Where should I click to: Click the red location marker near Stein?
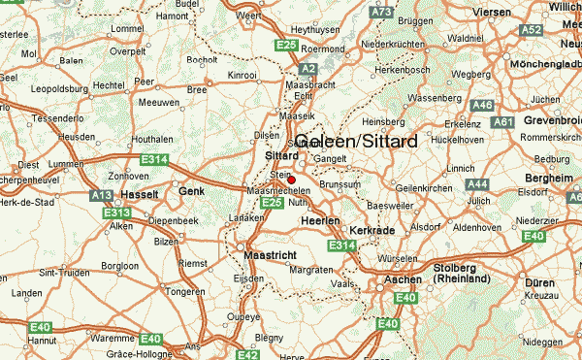[x=291, y=180]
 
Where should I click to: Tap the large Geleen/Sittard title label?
[x=356, y=142]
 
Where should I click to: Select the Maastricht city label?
[x=269, y=255]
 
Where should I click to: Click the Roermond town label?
[x=323, y=48]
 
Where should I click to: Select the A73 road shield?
[x=381, y=12]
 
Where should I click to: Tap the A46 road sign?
[x=482, y=105]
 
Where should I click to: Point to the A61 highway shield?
[x=503, y=122]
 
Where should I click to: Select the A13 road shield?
[x=101, y=195]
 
